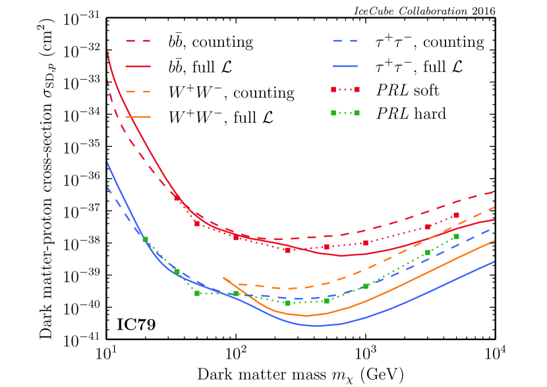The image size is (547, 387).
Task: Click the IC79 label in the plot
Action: (x=137, y=324)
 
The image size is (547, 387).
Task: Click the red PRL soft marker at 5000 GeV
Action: (x=456, y=216)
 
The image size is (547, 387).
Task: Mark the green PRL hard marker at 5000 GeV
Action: (x=456, y=236)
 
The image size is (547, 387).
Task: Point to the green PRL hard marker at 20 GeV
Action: (x=145, y=239)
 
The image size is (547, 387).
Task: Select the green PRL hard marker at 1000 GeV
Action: (x=366, y=286)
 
